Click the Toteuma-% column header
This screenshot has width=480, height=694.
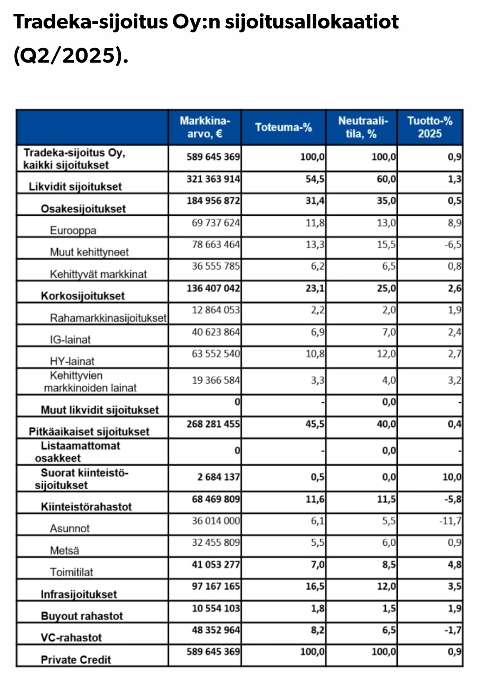pos(284,127)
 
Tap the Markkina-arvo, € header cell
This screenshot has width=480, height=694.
pos(205,127)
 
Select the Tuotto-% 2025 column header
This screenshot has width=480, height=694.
pos(430,127)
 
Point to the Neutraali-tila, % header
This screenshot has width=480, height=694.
pos(362,127)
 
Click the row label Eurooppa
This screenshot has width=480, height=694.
pos(73,230)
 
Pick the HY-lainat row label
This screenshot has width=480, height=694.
pos(72,361)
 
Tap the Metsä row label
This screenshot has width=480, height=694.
pos(64,551)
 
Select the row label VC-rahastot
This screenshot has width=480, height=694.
pos(71,638)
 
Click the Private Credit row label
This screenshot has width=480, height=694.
pos(76,659)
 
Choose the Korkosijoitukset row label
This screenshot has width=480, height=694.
pos(83,296)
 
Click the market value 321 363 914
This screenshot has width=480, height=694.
pos(213,179)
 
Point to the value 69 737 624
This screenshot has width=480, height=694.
pos(216,222)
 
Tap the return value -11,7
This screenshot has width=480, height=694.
pos(450,520)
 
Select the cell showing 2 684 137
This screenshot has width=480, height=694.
pos(218,477)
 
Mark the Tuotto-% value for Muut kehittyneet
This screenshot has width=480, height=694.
pos(453,245)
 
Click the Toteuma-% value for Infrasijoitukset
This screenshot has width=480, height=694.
pos(315,586)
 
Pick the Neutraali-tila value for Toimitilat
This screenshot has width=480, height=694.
pos(386,564)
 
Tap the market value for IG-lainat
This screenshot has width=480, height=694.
pos(216,332)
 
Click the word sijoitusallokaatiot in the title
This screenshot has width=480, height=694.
pos(312,22)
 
